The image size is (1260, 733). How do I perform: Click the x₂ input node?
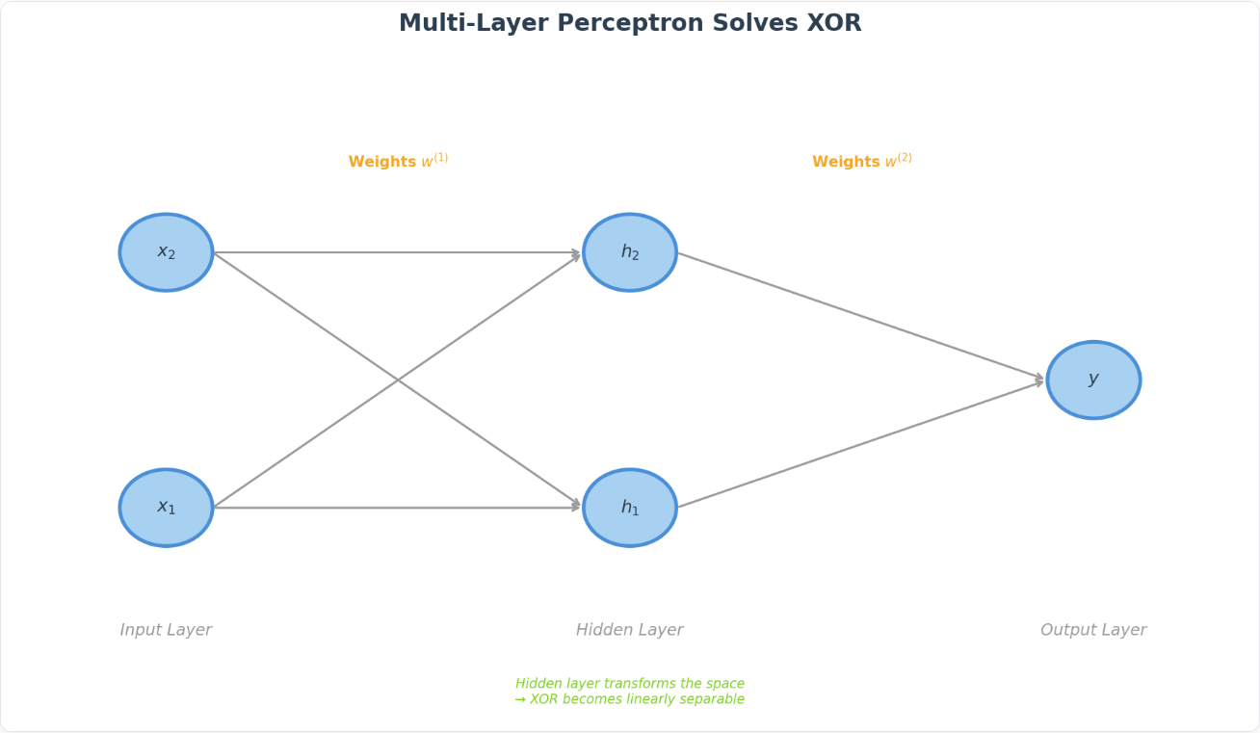coord(166,252)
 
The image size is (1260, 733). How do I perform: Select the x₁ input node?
coord(166,508)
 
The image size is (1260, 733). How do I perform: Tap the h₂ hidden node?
coord(629,252)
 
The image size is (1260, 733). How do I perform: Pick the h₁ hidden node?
coord(629,508)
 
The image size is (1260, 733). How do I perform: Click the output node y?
coord(1093,380)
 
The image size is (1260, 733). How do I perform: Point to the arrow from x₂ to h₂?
coord(397,252)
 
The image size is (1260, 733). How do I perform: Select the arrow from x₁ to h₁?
coord(397,508)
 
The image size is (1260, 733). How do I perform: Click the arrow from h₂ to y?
coord(861,317)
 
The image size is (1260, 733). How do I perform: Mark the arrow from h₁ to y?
coord(861,444)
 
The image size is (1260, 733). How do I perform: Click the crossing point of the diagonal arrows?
coord(398,380)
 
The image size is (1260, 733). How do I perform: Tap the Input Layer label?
coord(166,630)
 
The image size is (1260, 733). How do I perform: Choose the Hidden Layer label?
coord(629,630)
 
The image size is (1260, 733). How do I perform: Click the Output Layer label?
coord(1093,630)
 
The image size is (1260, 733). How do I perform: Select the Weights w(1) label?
coord(398,160)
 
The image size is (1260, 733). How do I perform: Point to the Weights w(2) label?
coord(862,160)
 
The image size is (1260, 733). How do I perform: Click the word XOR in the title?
coord(834,23)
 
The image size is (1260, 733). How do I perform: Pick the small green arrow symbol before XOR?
coord(520,699)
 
